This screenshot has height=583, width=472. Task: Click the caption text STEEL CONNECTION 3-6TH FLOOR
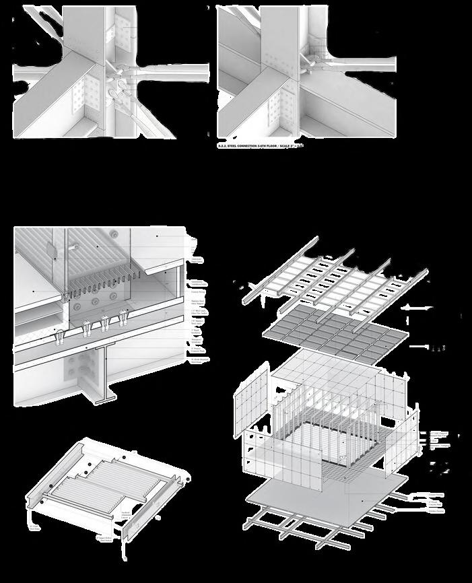click(x=255, y=144)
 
